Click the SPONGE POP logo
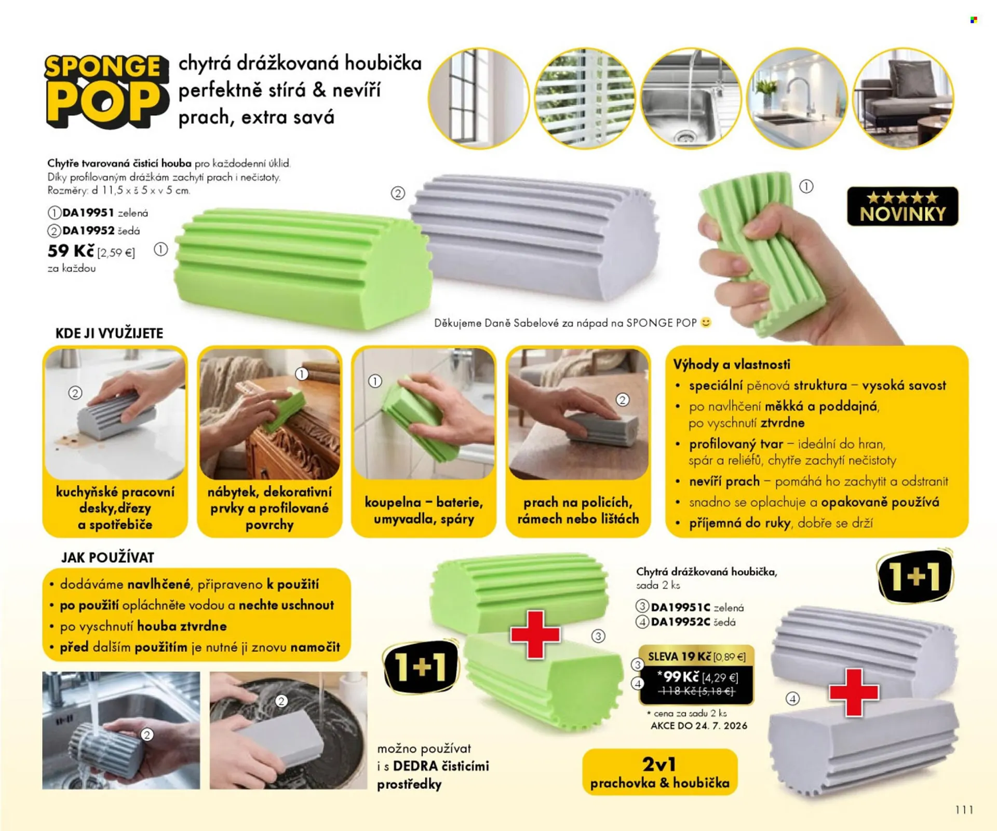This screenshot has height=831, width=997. tap(106, 91)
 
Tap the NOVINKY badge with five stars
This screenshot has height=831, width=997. tap(902, 206)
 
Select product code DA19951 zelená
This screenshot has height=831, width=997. tap(98, 213)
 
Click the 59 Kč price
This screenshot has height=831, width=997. tap(71, 251)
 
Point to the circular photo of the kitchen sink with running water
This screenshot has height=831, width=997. tap(691, 98)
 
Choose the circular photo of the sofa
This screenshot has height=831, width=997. tap(904, 98)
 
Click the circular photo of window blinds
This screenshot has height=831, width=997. tap(585, 98)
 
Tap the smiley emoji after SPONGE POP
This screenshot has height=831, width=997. tap(706, 323)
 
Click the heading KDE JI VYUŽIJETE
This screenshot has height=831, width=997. tap(109, 333)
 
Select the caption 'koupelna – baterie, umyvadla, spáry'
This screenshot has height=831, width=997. tap(424, 510)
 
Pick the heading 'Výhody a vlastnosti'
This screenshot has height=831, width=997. tap(732, 364)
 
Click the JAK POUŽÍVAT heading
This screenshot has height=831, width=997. tap(107, 558)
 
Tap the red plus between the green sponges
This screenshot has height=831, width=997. tap(535, 634)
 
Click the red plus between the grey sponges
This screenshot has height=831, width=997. tap(854, 693)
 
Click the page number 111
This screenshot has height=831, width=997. tap(964, 810)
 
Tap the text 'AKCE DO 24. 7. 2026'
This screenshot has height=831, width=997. tap(699, 726)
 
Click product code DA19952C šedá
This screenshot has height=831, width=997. tap(686, 621)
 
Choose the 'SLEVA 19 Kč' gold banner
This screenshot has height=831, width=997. tap(696, 657)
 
